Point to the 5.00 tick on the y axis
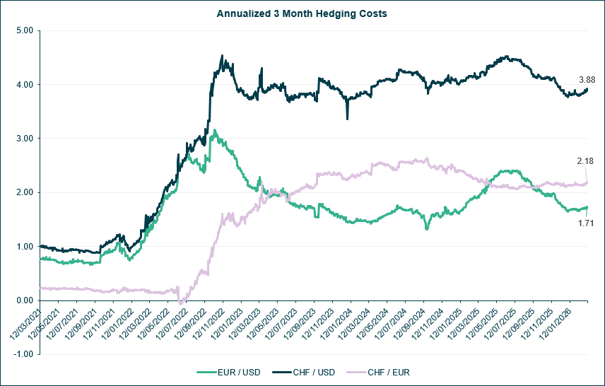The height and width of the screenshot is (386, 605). pos(25,31)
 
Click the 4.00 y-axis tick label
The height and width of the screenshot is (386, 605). pos(25,85)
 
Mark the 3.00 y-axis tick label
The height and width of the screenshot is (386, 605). pos(25,139)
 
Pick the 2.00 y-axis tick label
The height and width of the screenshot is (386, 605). pos(25,192)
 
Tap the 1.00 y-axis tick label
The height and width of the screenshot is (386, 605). pos(25,247)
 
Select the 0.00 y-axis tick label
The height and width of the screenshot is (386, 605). pos(25,300)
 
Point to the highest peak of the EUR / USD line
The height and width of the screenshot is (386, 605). pos(214,130)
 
